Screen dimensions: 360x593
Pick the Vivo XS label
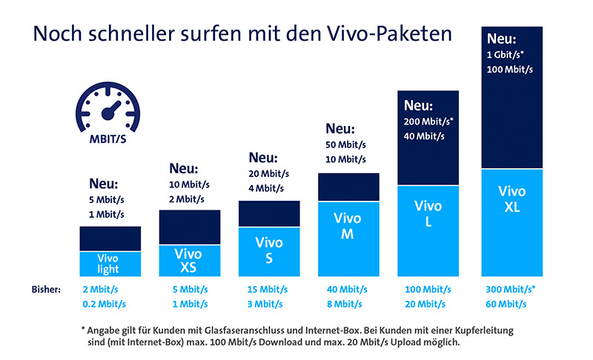[189, 260]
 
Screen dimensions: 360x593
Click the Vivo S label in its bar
[269, 249]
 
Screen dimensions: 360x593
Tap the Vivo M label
[348, 226]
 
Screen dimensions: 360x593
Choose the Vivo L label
[428, 213]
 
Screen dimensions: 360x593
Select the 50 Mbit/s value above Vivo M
[345, 144]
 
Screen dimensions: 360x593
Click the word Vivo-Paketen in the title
[385, 35]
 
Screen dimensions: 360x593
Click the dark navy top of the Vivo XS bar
[190, 227]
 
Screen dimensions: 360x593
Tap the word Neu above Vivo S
[263, 157]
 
